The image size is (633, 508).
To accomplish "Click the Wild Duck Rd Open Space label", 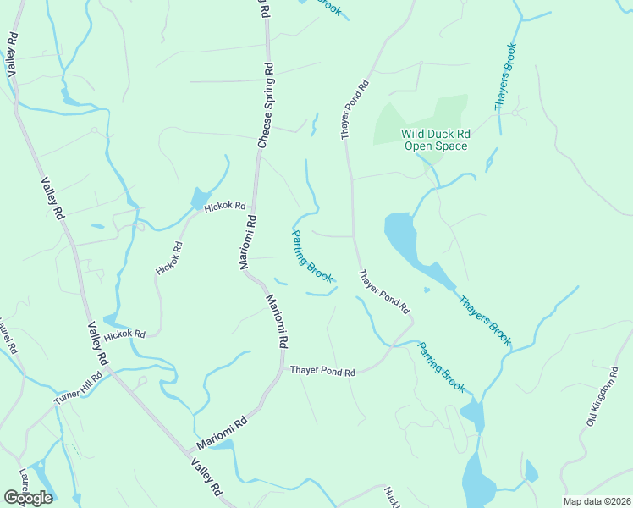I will click(435, 140).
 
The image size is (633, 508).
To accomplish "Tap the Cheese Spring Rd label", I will click(264, 105).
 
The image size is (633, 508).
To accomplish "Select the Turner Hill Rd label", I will click(79, 389).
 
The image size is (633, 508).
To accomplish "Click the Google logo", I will click(28, 497).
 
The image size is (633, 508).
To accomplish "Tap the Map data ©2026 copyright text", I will click(596, 500).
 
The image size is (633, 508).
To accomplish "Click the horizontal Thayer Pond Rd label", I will click(322, 371).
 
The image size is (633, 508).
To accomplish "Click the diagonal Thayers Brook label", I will click(485, 320).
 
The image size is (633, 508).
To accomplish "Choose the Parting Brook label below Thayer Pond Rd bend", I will click(442, 366).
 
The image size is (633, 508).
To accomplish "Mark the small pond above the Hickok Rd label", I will click(201, 198).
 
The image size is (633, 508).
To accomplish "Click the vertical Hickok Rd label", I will click(168, 259).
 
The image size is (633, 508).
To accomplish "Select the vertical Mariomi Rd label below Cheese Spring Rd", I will click(246, 242).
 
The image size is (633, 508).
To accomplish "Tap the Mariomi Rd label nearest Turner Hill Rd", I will click(222, 432).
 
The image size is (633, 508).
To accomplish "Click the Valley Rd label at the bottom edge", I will click(206, 478).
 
